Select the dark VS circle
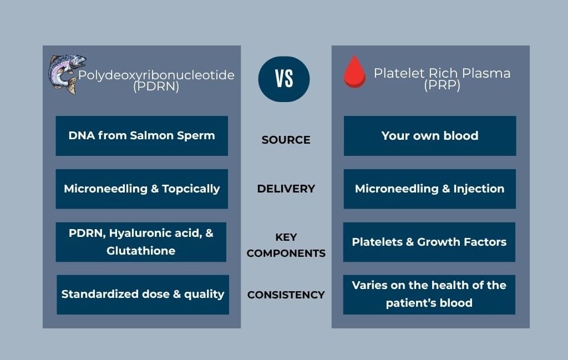284,79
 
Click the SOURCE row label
286,140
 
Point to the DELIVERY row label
286,189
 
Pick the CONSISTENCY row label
286,295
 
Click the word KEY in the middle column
286,237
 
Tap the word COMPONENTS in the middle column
286,253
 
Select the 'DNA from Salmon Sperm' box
141,136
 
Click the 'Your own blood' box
430,136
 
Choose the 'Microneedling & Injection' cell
430,189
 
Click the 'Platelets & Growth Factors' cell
429,242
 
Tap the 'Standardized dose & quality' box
143,295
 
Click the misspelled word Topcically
191,189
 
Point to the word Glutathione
141,251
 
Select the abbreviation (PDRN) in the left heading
156,87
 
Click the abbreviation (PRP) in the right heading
442,85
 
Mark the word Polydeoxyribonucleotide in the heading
156,75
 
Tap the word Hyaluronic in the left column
140,233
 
